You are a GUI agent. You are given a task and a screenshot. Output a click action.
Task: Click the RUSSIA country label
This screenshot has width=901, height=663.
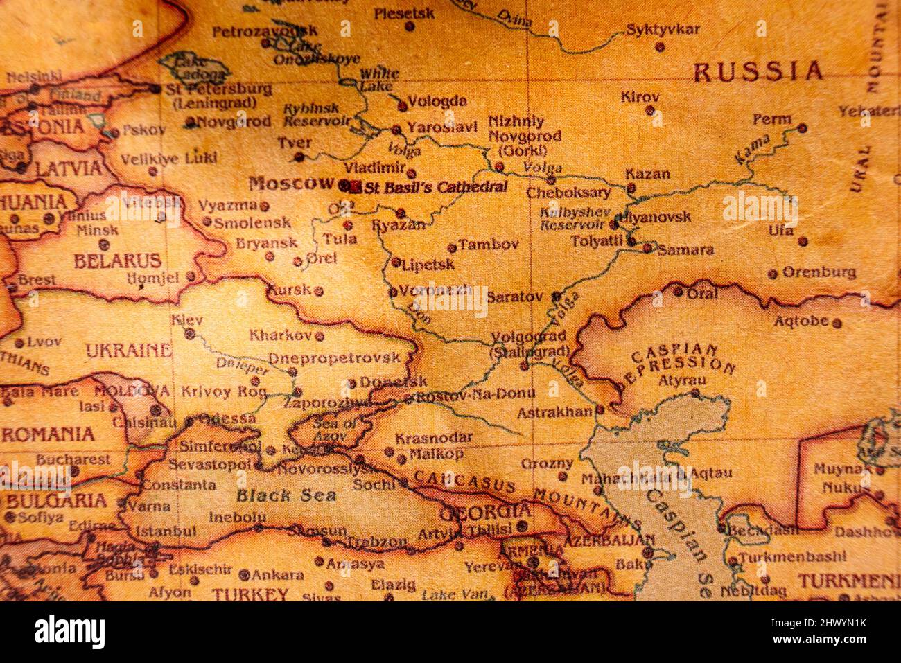(x=758, y=71)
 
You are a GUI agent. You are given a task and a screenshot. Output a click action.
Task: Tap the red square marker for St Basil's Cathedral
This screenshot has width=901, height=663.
(x=356, y=186)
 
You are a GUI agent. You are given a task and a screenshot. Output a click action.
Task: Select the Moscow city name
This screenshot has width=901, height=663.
(x=291, y=184)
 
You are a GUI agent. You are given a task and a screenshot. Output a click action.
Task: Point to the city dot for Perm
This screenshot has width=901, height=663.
(x=802, y=128)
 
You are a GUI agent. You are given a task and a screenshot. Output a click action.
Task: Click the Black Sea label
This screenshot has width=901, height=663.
(x=286, y=495)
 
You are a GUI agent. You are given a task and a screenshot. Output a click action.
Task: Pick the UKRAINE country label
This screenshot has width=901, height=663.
(x=128, y=351)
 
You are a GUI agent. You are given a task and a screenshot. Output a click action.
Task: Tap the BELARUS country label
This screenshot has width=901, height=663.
(x=117, y=261)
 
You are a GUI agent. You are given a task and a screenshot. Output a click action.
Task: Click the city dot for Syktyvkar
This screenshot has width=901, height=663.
(x=659, y=47)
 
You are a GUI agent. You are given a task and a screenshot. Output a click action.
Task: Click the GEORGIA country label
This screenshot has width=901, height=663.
(x=485, y=513)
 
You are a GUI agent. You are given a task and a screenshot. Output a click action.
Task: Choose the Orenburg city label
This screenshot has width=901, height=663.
(x=819, y=272)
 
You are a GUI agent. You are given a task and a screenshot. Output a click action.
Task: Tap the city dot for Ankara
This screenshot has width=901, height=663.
(x=244, y=574)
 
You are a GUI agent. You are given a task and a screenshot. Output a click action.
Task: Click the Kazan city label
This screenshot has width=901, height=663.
(x=647, y=173)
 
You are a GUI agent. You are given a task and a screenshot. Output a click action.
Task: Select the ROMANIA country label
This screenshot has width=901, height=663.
(x=47, y=434)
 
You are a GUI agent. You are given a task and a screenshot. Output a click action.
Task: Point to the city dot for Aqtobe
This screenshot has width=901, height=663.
(x=837, y=323)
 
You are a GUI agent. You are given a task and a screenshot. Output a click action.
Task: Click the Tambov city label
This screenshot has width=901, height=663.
(x=489, y=244)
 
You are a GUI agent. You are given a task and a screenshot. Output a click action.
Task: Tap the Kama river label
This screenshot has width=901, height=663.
(x=752, y=149)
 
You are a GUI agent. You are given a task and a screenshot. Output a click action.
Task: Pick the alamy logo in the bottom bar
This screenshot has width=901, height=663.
(x=69, y=632)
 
